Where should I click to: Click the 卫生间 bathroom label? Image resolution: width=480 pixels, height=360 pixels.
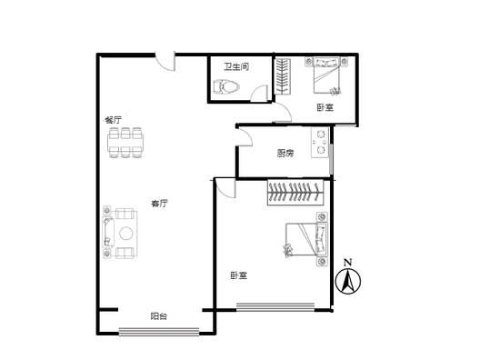tap(236, 66)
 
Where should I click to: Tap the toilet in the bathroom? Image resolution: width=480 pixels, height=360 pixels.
tap(226, 86)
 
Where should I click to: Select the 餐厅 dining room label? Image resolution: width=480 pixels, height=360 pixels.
tap(114, 120)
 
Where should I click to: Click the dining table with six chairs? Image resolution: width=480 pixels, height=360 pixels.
tap(125, 143)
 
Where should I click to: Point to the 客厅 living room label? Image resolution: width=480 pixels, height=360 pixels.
tap(159, 203)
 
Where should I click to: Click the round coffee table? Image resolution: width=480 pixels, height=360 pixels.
tap(126, 234)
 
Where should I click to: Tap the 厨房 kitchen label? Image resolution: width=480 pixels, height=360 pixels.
tap(285, 153)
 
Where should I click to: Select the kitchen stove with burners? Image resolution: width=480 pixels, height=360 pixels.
tap(320, 143)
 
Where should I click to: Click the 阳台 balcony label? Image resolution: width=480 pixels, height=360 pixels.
tap(158, 316)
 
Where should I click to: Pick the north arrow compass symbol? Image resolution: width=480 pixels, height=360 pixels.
tap(348, 281)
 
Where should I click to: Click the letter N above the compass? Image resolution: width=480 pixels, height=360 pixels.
tap(347, 263)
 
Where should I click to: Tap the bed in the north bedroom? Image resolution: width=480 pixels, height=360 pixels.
tap(326, 75)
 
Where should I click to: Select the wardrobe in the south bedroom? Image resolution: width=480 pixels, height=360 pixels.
tap(295, 192)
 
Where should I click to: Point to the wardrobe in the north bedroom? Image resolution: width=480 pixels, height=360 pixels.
tap(282, 76)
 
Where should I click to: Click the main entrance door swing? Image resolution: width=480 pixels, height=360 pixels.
tap(165, 62)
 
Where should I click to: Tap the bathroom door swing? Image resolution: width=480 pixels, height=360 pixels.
tap(260, 94)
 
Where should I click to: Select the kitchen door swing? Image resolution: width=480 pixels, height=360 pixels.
tap(245, 136)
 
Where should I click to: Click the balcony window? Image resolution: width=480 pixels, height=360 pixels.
tap(159, 332)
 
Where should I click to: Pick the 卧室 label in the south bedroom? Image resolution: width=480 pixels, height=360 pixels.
tap(239, 275)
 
